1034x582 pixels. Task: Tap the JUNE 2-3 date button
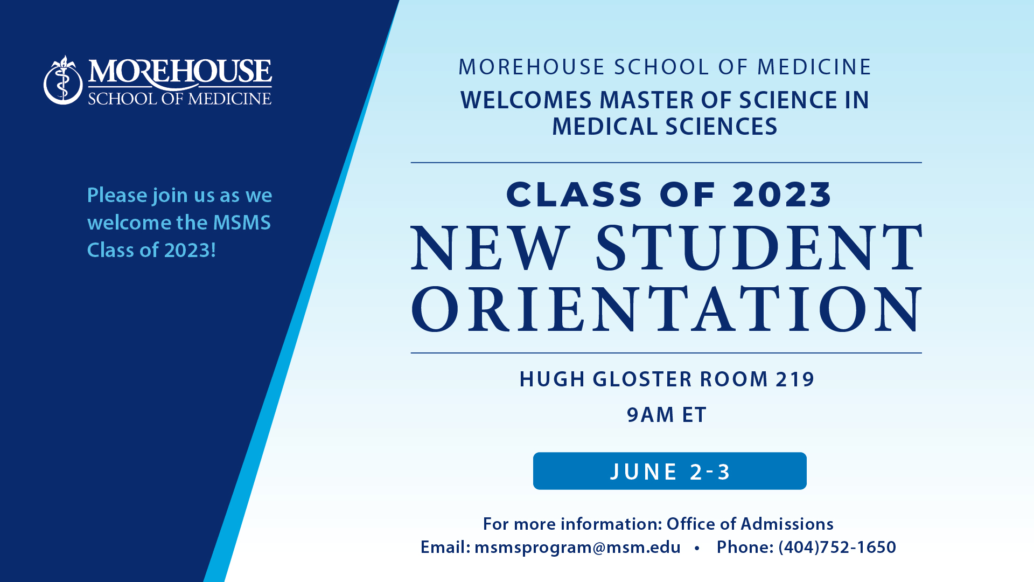tap(669, 471)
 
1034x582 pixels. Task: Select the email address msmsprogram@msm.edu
tap(577, 548)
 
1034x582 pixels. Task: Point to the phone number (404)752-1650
tap(837, 548)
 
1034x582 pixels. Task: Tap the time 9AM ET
tap(667, 415)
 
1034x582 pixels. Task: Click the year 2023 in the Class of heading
tap(782, 195)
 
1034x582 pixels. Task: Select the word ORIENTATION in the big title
tap(667, 309)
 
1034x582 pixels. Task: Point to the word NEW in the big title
tap(490, 248)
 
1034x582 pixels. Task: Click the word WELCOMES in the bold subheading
tap(526, 100)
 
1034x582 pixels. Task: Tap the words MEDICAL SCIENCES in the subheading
tap(665, 127)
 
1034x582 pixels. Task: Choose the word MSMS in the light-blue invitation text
tap(242, 223)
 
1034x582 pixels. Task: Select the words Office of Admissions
tap(750, 524)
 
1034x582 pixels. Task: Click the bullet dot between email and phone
tap(697, 549)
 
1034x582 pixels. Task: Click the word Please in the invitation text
tap(117, 195)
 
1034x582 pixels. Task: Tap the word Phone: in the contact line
tap(745, 548)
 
